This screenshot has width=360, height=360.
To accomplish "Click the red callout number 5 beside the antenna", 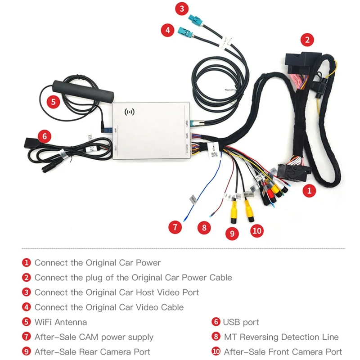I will pyautogui.click(x=54, y=101).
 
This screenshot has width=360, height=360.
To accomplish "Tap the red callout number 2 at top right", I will pyautogui.click(x=307, y=40).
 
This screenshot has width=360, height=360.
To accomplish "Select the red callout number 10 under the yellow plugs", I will pyautogui.click(x=256, y=230).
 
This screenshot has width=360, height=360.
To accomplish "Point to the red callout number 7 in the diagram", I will pyautogui.click(x=175, y=227).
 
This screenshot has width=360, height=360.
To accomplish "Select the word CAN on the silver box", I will pyautogui.click(x=186, y=135).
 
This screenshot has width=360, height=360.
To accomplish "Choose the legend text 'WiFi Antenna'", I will pyautogui.click(x=61, y=322).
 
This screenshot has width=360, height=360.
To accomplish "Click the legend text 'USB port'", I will pyautogui.click(x=241, y=322).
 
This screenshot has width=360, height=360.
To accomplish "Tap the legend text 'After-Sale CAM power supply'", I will pyautogui.click(x=94, y=337).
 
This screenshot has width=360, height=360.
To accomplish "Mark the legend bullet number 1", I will pyautogui.click(x=27, y=262).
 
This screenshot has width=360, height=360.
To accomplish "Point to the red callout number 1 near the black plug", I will pyautogui.click(x=309, y=190).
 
